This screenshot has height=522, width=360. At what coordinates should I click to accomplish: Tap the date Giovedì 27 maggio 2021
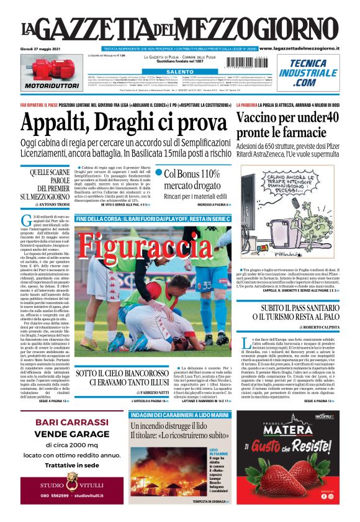[x=44, y=48]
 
